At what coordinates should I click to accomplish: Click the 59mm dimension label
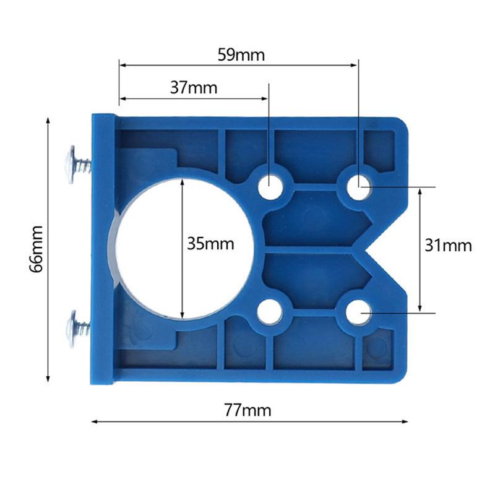(241, 55)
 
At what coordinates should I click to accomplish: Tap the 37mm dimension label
(194, 88)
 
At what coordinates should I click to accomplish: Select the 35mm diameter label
(210, 244)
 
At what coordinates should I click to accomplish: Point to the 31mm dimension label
(449, 246)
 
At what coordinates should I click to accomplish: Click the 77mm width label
(247, 410)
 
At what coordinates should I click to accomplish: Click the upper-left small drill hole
(270, 184)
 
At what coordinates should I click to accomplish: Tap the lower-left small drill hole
(270, 312)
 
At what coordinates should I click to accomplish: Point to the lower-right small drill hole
(358, 312)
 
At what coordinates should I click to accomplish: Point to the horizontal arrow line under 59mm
(239, 64)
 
